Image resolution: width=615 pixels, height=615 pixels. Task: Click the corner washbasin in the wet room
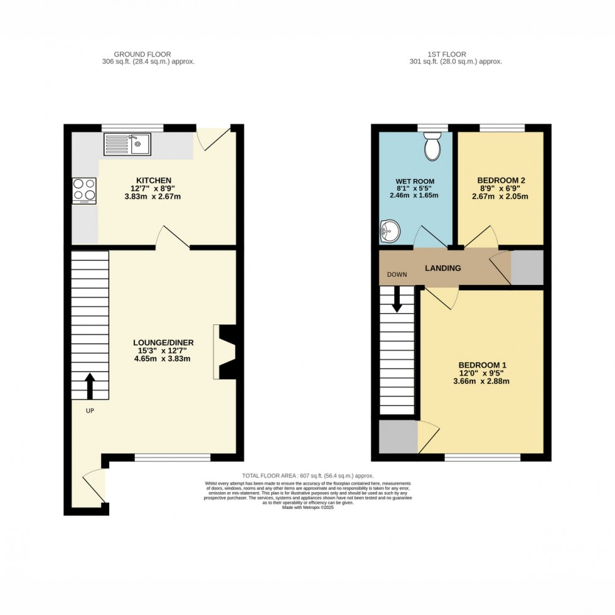389,231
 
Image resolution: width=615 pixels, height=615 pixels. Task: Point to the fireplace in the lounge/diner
225,352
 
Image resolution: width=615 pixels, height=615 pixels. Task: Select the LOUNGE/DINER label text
163,342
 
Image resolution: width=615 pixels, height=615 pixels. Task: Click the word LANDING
443,268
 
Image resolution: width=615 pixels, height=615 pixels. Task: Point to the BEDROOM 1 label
482,365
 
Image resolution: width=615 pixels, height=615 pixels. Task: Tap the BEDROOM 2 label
500,180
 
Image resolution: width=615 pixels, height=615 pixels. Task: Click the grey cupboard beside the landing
526,267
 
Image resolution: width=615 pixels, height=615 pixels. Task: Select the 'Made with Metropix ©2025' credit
307,507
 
